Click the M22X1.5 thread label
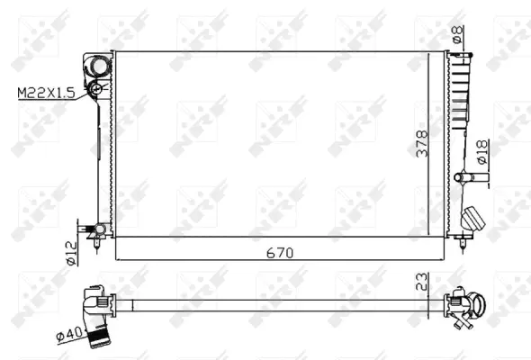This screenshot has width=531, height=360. click(x=48, y=91)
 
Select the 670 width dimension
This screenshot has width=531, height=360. click(x=280, y=254)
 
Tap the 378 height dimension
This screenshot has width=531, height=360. click(x=422, y=145)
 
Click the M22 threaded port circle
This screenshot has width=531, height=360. click(x=94, y=89)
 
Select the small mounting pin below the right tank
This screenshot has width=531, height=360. click(x=464, y=238)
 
